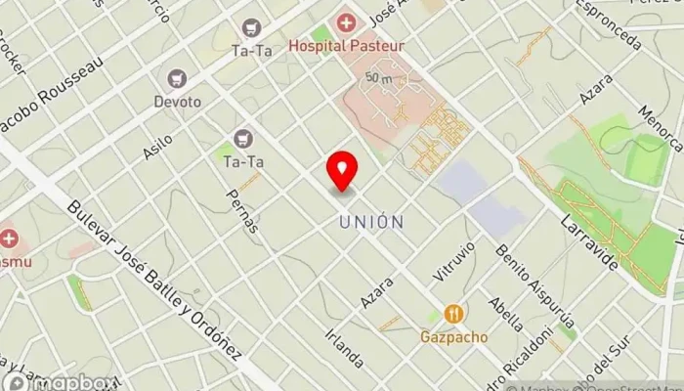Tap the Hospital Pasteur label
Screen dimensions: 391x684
(x=346, y=45)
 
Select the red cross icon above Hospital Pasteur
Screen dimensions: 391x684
(x=346, y=22)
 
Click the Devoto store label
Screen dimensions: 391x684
(x=177, y=102)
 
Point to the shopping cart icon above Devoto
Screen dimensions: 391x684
(x=177, y=78)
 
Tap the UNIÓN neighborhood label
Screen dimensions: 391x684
(x=371, y=223)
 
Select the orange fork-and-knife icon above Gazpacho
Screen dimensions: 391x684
(x=453, y=314)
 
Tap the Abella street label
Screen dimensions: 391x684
(x=507, y=315)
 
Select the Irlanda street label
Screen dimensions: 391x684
(x=345, y=344)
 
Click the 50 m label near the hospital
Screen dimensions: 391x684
(x=379, y=76)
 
